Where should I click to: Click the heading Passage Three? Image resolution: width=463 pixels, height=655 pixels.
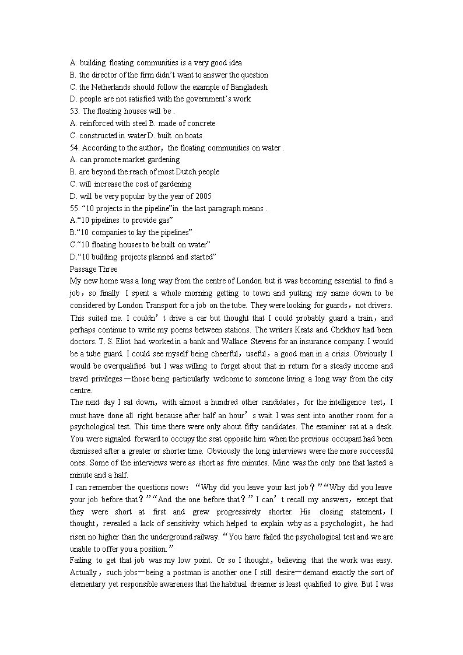click(x=93, y=269)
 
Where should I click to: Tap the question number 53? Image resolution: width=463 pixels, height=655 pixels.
click(x=75, y=111)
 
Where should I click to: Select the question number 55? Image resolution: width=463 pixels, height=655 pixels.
click(x=75, y=208)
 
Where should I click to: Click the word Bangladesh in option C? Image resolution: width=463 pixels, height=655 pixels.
click(x=249, y=87)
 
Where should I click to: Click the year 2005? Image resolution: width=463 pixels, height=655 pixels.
click(x=203, y=196)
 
